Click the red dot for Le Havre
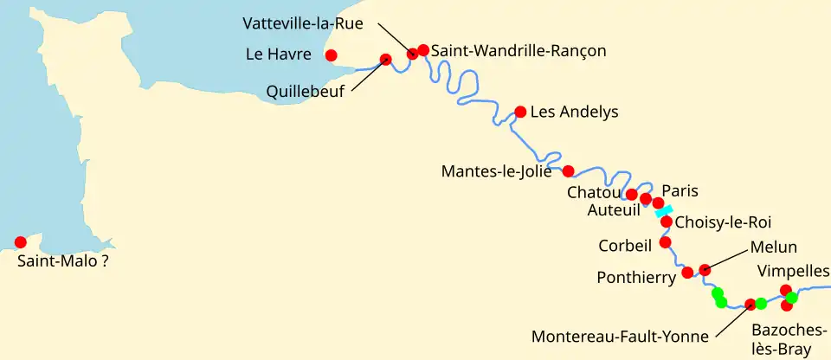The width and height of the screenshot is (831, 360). click(331, 56)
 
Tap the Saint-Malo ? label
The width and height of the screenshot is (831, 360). click(62, 259)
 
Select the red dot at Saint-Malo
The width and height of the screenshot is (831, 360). click(21, 242)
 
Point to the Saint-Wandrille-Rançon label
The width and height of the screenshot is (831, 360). click(519, 51)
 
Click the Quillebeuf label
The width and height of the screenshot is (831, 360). click(305, 89)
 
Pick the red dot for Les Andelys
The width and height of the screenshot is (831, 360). click(520, 112)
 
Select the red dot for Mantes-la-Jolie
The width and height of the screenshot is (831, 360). click(569, 170)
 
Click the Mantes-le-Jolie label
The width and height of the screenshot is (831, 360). click(496, 171)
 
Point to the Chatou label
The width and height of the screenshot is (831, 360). click(594, 192)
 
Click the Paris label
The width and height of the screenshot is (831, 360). click(680, 190)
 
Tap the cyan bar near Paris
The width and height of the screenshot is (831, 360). click(664, 211)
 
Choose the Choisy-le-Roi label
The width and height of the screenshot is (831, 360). click(722, 222)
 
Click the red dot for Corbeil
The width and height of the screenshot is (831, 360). click(665, 242)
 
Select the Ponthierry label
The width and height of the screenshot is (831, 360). click(636, 278)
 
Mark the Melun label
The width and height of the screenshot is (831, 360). click(774, 247)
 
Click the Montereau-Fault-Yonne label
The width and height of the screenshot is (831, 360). click(620, 337)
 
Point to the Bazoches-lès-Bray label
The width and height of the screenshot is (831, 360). click(782, 340)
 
